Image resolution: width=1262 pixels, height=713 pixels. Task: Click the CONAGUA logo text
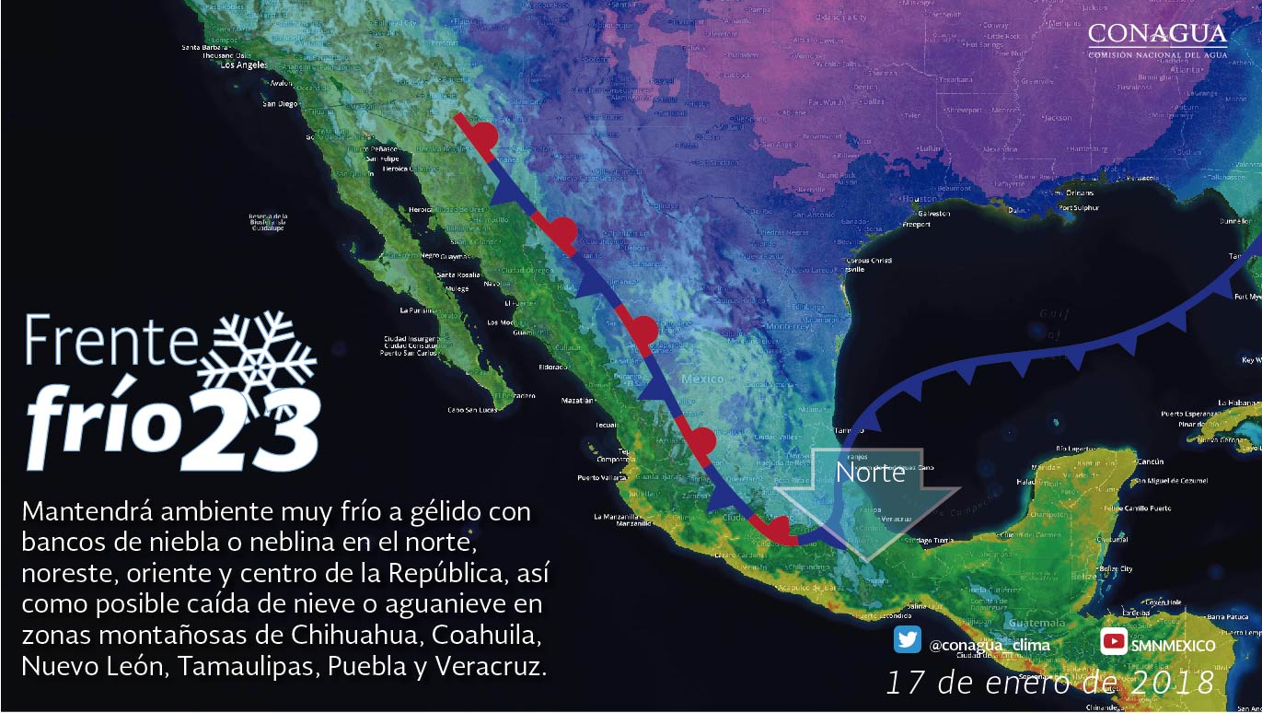tap(1157, 35)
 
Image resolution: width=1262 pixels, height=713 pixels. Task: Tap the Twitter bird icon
tap(907, 640)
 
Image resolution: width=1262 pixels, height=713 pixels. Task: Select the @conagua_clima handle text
tap(990, 645)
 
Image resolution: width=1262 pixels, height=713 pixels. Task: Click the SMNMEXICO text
tap(1173, 645)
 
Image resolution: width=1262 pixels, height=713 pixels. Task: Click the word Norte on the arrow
tap(870, 473)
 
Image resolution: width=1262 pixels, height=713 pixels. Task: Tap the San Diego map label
tap(280, 104)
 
